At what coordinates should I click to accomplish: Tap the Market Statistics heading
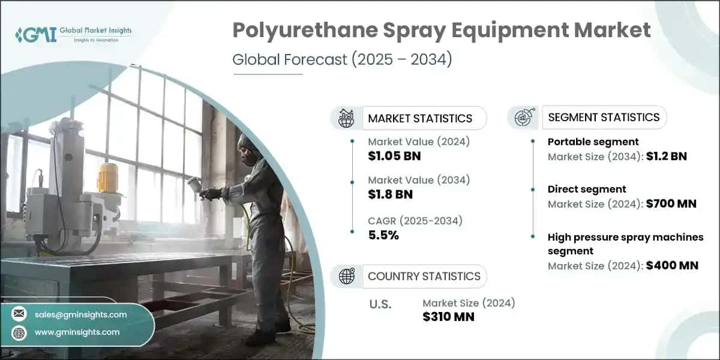point(419,118)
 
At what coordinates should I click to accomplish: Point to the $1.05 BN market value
point(394,157)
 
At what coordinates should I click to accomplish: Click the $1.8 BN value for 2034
point(390,194)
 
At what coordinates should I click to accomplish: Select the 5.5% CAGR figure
point(383,235)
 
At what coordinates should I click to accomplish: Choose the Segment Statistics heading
point(604,117)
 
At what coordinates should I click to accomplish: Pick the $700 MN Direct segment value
point(671,204)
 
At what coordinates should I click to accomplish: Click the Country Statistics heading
point(424,276)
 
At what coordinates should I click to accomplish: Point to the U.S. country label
point(380,304)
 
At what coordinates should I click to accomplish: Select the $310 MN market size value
point(448,317)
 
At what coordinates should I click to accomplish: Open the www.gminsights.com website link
point(77,332)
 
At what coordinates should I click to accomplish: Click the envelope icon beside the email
point(19,314)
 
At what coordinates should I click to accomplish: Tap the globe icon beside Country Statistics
point(346,276)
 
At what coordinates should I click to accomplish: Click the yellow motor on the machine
point(107,177)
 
